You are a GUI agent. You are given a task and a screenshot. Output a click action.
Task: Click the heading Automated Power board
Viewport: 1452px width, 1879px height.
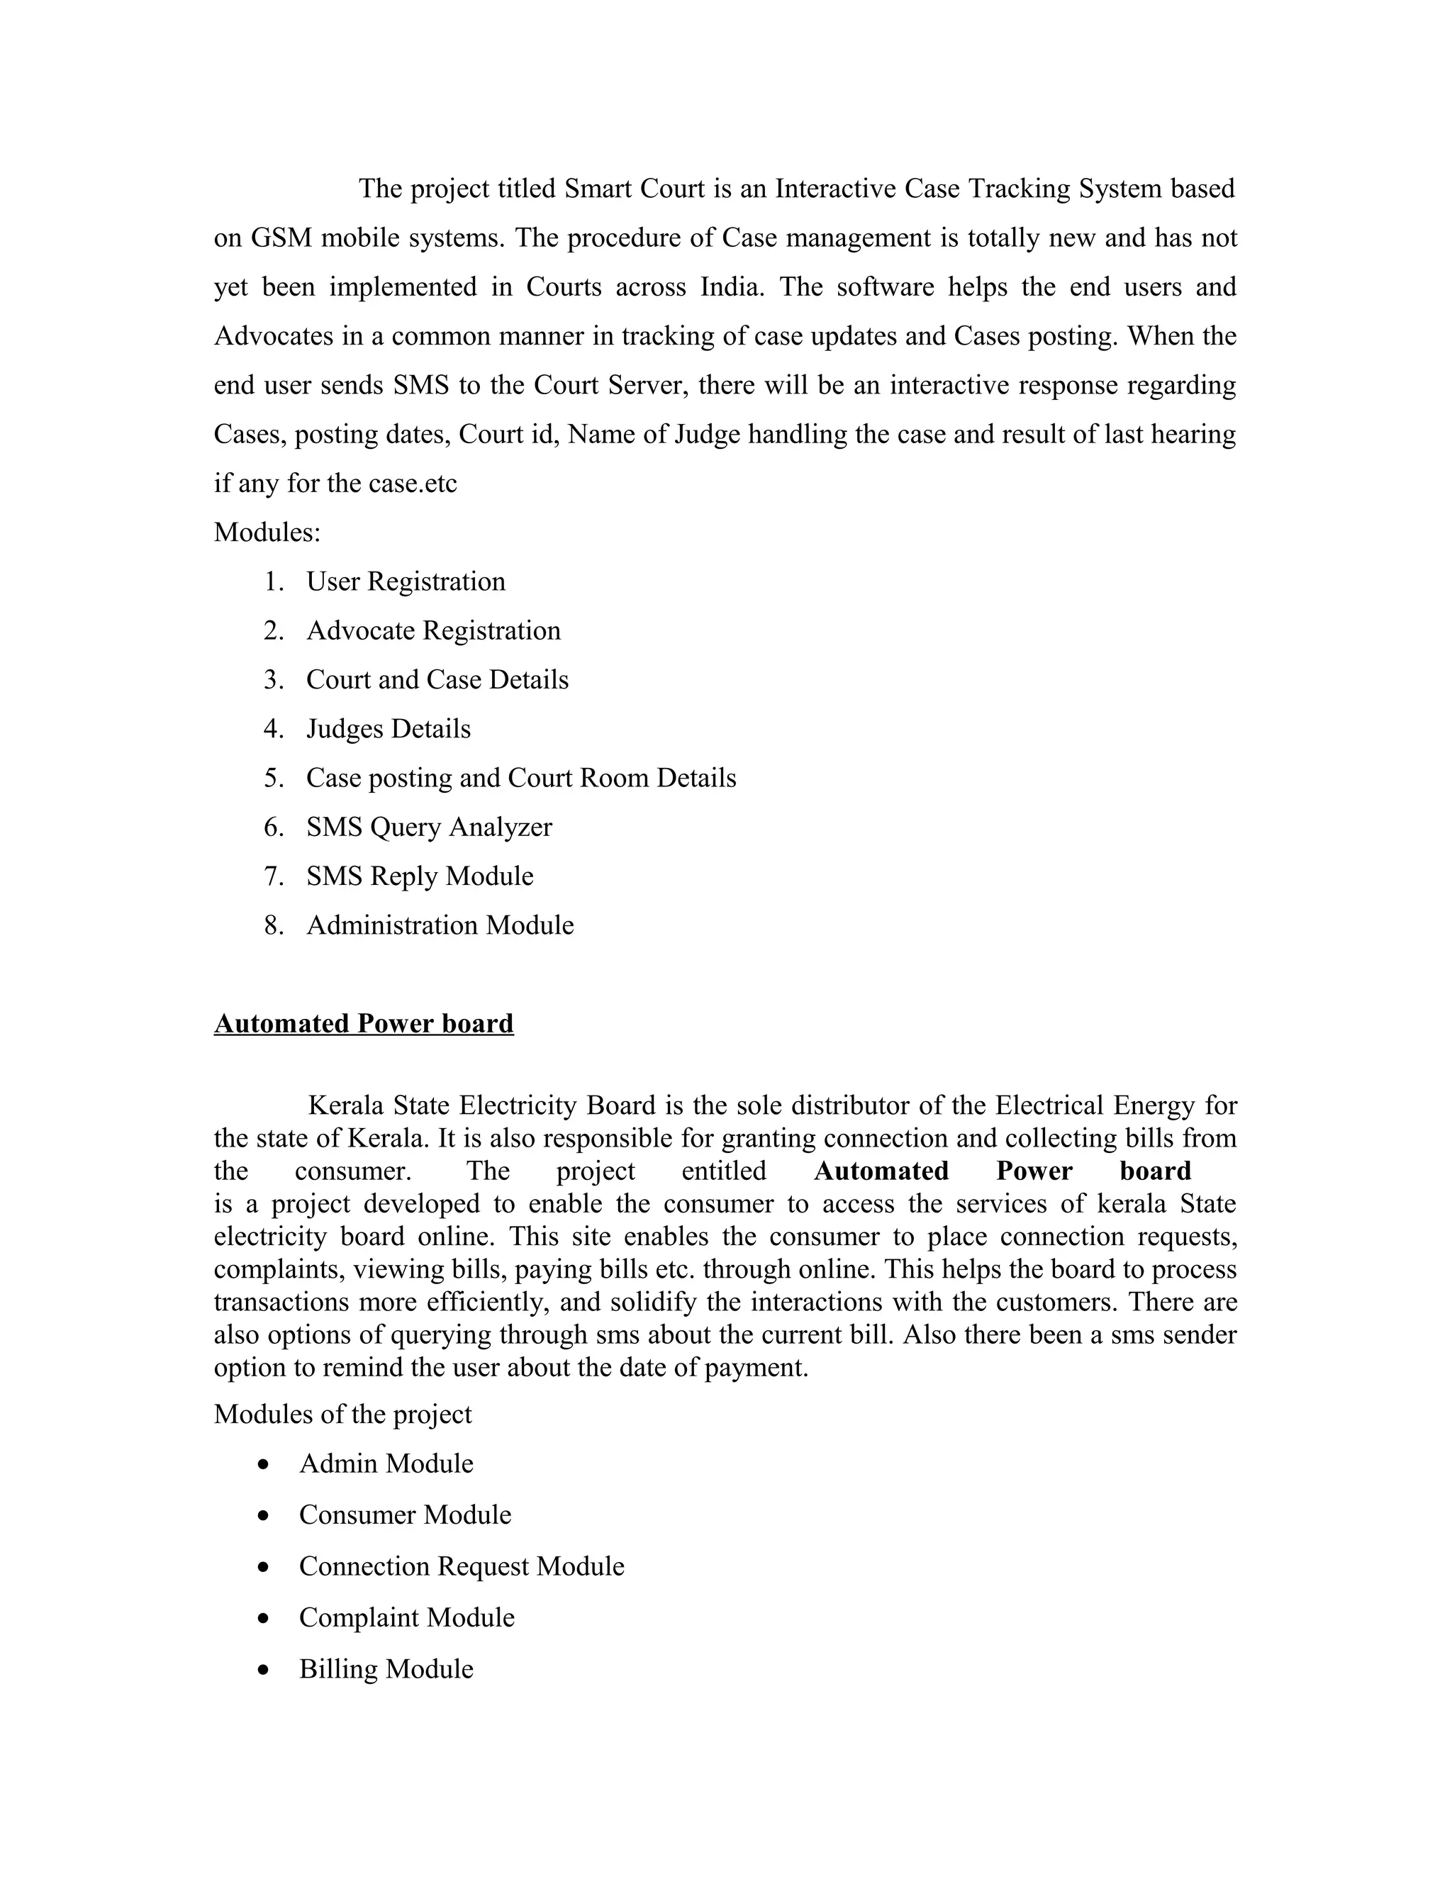pos(363,1024)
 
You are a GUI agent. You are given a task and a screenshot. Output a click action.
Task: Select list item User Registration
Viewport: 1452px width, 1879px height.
pos(405,582)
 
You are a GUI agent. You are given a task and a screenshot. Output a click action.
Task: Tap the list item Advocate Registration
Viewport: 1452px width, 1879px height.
pos(432,632)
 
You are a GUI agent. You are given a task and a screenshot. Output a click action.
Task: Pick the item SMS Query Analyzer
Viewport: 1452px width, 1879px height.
pos(428,827)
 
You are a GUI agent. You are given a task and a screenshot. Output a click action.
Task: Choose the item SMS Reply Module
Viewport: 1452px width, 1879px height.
pos(419,876)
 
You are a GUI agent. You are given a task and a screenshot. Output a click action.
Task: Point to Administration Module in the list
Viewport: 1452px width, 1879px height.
pos(440,926)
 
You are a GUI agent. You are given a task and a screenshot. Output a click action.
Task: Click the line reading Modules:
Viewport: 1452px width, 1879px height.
pos(267,533)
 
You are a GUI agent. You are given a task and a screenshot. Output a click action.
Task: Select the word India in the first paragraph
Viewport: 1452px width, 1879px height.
pos(731,287)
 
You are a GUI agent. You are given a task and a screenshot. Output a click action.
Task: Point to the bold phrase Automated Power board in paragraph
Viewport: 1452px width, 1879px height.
pos(1002,1172)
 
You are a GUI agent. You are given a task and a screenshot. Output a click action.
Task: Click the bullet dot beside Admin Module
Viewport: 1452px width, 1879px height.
pos(263,1464)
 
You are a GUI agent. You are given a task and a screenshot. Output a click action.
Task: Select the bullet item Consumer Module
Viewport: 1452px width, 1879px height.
pos(404,1515)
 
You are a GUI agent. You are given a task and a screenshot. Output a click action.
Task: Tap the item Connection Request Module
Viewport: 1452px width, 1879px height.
pos(461,1567)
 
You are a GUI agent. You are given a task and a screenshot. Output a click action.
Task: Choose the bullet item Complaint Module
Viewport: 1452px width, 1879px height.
pos(406,1618)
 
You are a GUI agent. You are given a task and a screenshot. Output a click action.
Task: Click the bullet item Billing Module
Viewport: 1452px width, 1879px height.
pos(386,1670)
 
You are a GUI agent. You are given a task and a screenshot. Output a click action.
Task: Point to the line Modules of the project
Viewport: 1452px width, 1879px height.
pos(342,1415)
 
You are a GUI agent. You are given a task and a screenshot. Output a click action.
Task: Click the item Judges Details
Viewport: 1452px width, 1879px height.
pos(388,730)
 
